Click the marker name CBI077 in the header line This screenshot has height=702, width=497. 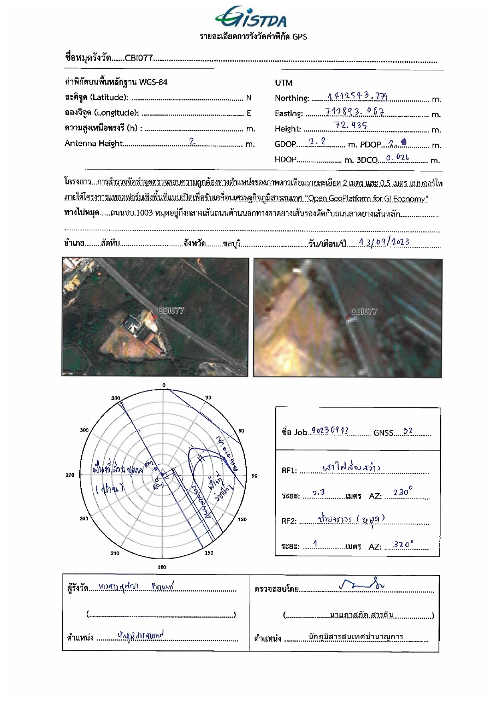(139, 58)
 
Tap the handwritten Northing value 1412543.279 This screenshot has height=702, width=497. (357, 96)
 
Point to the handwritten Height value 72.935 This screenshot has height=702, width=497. (350, 125)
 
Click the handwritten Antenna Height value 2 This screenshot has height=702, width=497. (192, 141)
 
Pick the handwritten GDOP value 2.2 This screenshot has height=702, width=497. (317, 142)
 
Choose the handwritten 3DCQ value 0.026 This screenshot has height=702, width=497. (397, 157)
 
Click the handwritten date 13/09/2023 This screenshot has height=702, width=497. (384, 242)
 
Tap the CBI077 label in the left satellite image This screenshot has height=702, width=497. (171, 310)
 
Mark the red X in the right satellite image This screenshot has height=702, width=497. (348, 318)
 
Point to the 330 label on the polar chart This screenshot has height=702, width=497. (115, 398)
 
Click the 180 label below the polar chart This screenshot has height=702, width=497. (162, 567)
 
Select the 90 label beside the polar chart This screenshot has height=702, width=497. (254, 476)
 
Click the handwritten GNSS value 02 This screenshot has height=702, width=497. (408, 431)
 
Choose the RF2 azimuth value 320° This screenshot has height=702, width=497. (403, 544)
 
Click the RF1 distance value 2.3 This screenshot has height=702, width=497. (318, 493)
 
